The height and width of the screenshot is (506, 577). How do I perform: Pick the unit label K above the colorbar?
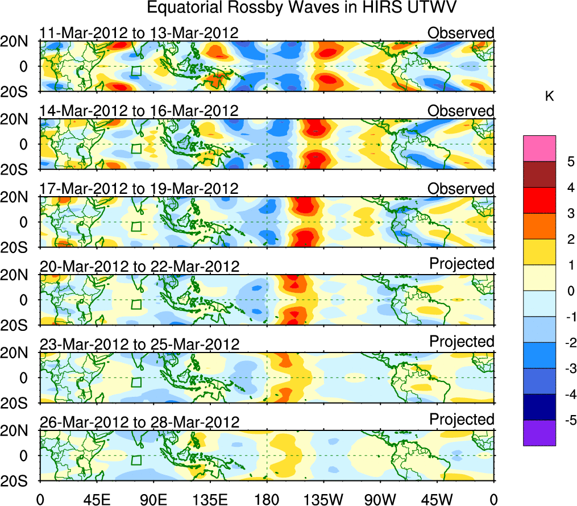point(549,97)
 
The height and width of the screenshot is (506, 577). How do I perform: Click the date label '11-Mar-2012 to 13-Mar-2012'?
point(139,33)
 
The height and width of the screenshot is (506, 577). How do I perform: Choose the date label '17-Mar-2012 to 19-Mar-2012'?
point(139,189)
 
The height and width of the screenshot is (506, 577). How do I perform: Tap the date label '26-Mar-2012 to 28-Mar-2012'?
point(139,422)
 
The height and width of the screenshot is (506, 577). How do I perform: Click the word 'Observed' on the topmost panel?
point(461,33)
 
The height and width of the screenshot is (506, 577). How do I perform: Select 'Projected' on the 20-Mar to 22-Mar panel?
point(462,264)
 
